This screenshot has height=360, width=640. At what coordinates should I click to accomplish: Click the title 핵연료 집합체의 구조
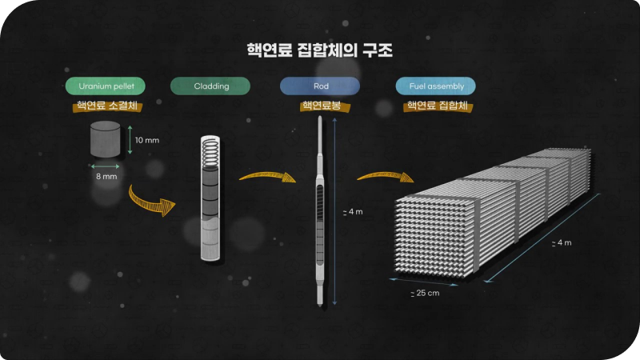click(319, 50)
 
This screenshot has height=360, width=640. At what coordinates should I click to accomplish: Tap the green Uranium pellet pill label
click(106, 86)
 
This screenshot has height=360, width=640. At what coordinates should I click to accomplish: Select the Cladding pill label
click(210, 86)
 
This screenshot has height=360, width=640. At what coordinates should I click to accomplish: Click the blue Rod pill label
click(320, 86)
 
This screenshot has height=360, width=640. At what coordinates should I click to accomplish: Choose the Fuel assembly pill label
click(435, 86)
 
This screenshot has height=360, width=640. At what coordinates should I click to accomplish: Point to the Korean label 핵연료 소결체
click(107, 106)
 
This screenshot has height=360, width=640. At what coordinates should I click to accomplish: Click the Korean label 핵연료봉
click(322, 106)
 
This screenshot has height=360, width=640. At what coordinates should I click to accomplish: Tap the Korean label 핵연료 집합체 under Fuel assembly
click(438, 106)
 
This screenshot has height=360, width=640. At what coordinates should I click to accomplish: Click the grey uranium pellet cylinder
click(106, 138)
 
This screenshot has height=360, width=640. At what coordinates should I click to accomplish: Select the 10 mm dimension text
click(147, 141)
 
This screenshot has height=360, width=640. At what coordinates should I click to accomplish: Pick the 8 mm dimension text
click(106, 176)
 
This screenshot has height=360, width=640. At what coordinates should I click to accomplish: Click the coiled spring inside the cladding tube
click(210, 153)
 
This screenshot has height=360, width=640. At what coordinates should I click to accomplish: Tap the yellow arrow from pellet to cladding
click(151, 201)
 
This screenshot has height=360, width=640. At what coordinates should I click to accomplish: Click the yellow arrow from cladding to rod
click(267, 176)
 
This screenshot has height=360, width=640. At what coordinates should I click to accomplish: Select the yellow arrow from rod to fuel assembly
click(386, 176)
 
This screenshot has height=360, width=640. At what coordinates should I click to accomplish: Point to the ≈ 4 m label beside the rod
click(353, 212)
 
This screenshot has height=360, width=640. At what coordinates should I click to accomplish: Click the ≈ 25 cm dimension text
click(425, 293)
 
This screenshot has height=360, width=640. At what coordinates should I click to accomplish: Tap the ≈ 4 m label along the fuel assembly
click(562, 243)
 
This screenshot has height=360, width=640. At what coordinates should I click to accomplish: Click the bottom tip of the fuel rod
click(320, 305)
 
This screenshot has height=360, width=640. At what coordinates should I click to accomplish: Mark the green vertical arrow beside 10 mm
click(130, 139)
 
